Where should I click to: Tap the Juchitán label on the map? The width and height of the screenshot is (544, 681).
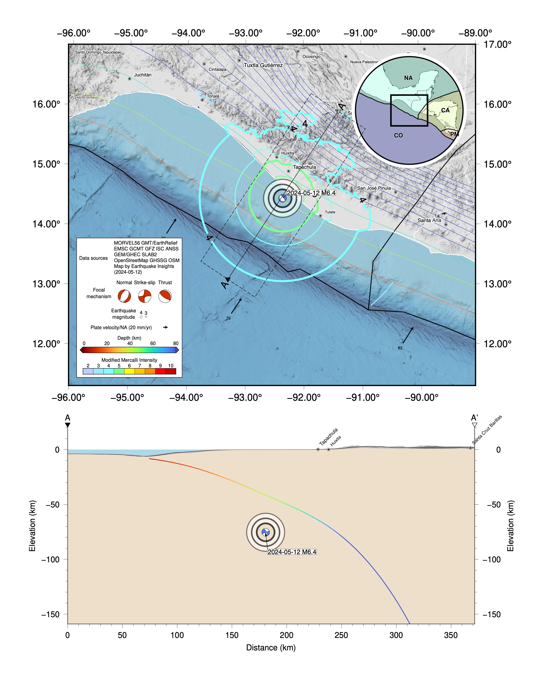[143, 75]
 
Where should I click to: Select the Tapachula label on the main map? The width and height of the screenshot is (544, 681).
[304, 167]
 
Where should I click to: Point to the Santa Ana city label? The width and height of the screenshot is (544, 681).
[429, 220]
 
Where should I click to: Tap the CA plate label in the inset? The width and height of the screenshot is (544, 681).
[445, 110]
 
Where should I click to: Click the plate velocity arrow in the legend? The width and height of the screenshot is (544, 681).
[165, 327]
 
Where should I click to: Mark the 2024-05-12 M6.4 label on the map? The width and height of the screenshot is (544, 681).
[311, 193]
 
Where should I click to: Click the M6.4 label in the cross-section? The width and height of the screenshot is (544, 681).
[292, 552]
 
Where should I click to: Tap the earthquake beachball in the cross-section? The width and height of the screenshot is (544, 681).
[266, 532]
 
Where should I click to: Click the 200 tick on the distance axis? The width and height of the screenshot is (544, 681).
[286, 635]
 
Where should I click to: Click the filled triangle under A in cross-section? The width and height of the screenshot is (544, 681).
[67, 425]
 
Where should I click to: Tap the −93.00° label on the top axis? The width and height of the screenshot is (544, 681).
[246, 33]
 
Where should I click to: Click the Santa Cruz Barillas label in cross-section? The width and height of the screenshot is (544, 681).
[487, 430]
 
